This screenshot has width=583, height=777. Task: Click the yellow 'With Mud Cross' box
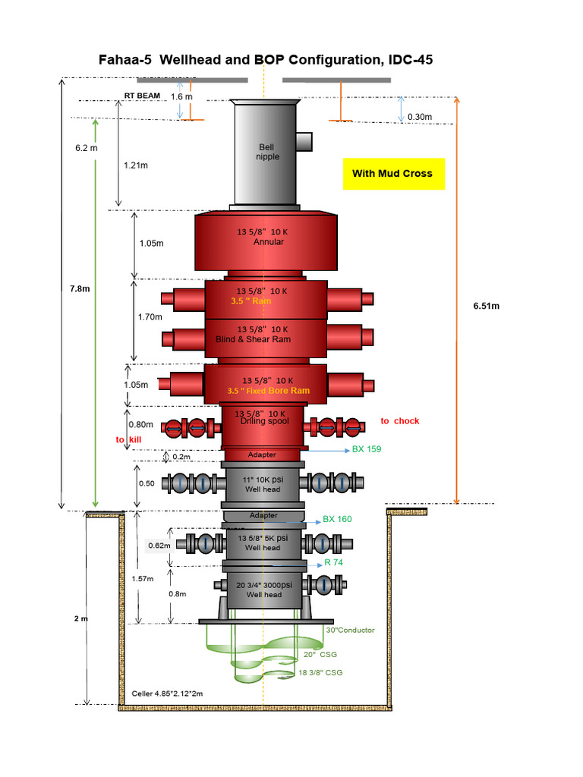pos(392,174)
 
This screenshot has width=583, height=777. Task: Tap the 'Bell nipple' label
pos(269,152)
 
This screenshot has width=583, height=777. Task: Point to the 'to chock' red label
pos(399,421)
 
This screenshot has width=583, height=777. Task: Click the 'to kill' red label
pos(129,439)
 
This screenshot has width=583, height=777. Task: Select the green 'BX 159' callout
pos(366,449)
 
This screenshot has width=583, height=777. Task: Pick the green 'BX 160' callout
pos(338,520)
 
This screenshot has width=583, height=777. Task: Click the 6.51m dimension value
pos(485,307)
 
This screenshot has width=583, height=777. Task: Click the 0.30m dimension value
pos(419,116)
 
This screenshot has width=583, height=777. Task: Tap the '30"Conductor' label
pos(350,630)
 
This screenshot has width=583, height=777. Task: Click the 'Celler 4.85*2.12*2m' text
pos(168,694)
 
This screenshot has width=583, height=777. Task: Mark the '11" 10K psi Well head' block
pos(262,485)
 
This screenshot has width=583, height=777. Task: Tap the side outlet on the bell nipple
pos(304,141)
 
